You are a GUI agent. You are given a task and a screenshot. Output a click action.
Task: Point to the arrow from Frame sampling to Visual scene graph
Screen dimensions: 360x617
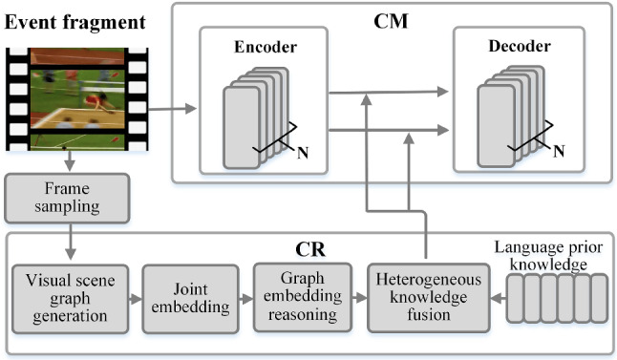click(x=69, y=240)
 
